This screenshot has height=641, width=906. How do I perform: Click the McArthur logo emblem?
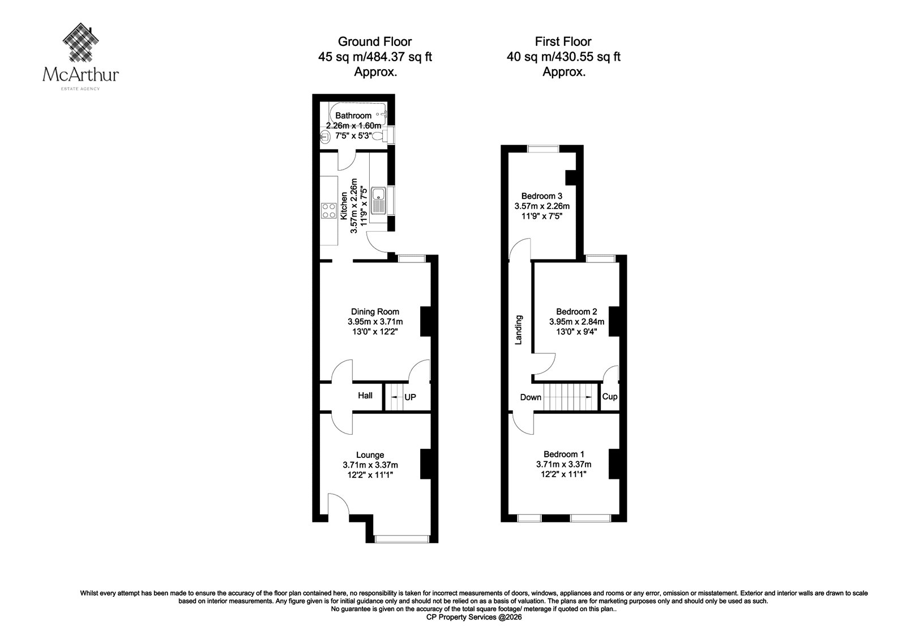coord(81,42)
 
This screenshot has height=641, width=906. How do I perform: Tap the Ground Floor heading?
coord(375,42)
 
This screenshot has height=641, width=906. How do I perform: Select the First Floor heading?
coord(563,42)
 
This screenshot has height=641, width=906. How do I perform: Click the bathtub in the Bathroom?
coord(358,114)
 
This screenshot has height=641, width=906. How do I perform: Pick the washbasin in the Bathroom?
coord(325,137)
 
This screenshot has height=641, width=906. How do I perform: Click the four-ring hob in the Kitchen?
coord(329,211)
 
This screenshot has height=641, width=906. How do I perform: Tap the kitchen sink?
coord(379,201)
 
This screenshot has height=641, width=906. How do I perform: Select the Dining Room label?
coord(375,312)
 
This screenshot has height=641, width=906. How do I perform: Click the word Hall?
coord(365,396)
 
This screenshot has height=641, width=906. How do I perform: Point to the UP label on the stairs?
coord(410,397)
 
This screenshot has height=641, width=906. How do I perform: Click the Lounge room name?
coord(370,455)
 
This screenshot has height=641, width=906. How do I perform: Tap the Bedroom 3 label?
coord(541,197)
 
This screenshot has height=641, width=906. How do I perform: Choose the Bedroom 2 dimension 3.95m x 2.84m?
coord(577,322)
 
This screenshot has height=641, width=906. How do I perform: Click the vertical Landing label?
coord(519,330)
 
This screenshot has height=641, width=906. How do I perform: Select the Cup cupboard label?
coord(609,396)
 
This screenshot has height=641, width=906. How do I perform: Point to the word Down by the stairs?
coord(531,397)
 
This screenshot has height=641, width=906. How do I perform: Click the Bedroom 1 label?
coord(564,455)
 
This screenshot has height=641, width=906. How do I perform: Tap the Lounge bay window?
coord(401,538)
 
